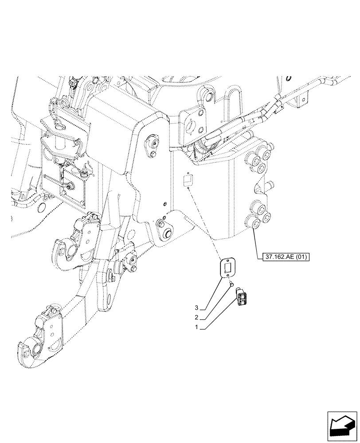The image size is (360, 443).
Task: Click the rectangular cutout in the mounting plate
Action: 228,267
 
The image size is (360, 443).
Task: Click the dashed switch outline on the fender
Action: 188,179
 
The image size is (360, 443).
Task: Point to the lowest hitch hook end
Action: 29,350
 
